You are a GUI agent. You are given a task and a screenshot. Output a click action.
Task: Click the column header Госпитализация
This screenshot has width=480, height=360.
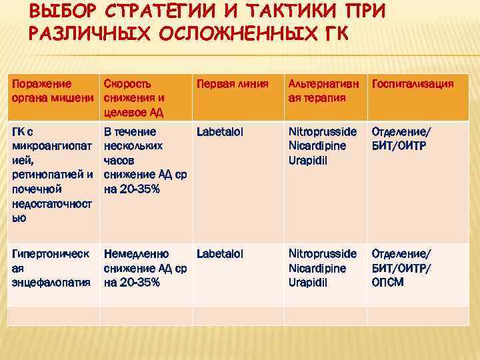413,84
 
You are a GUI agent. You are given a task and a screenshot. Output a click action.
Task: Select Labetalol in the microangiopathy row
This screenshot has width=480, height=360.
220,132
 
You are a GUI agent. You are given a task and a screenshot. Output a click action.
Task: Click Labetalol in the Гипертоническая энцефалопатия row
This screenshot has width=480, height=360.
220,254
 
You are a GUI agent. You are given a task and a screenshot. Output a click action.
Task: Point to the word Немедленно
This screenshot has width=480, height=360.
136,254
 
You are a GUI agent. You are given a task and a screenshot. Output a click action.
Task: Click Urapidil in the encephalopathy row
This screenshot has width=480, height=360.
308,282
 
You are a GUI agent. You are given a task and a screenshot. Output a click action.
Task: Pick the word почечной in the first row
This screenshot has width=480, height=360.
35,189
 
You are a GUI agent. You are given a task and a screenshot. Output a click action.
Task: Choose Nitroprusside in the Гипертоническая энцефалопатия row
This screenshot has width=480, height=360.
322,254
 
